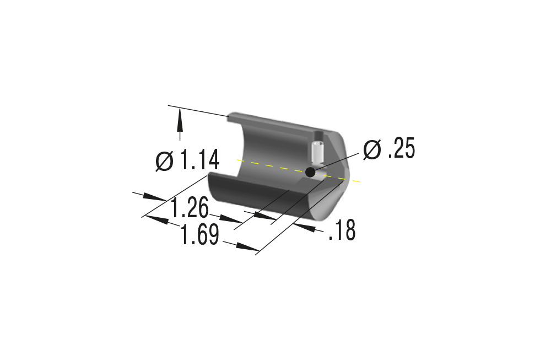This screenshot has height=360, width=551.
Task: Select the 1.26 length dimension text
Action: tap(190, 208)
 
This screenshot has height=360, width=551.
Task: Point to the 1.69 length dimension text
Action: tap(199, 235)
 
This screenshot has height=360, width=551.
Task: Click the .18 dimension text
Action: tap(342, 230)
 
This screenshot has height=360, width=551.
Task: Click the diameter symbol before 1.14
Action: tap(164, 161)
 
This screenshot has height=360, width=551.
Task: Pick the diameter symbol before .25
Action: tap(372, 149)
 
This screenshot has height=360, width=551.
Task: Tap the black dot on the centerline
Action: tap(310, 172)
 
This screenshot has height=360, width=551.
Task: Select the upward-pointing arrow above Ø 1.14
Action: tap(180, 125)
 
